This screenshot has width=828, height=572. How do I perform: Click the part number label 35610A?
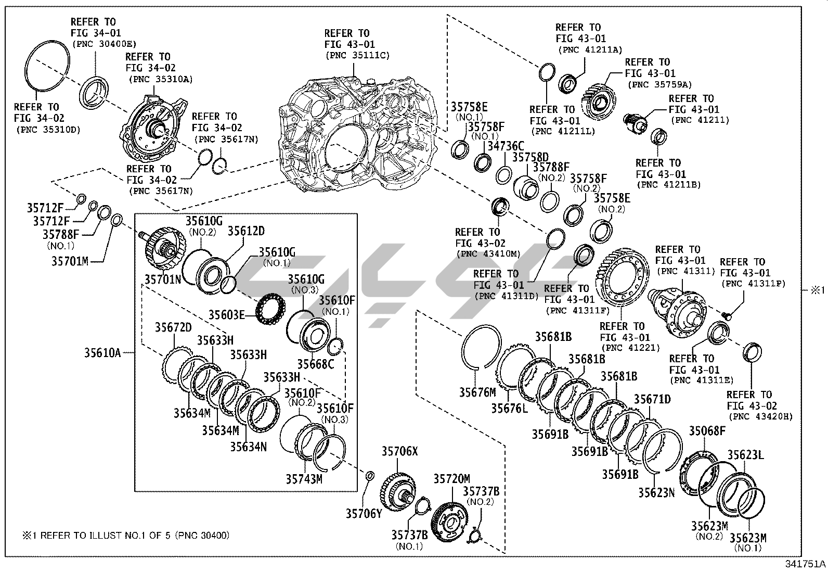[102, 353]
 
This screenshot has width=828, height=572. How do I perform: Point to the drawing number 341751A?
[805, 564]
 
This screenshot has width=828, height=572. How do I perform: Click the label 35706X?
[399, 451]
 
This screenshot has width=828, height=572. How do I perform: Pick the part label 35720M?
[451, 478]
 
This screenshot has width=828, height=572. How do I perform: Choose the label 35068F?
[707, 431]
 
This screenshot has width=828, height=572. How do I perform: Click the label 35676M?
[477, 392]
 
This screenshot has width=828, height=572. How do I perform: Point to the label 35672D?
[173, 327]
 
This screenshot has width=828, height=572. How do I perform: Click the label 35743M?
[304, 479]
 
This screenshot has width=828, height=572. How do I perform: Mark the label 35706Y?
[364, 514]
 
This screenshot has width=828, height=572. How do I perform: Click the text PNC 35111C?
[357, 56]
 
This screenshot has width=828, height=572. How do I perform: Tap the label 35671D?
[652, 399]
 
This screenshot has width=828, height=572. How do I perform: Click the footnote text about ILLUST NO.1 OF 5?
[125, 535]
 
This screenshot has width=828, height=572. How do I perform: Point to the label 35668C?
[315, 364]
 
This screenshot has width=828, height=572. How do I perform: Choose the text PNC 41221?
[630, 348]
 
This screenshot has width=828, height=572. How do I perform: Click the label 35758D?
[531, 157]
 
